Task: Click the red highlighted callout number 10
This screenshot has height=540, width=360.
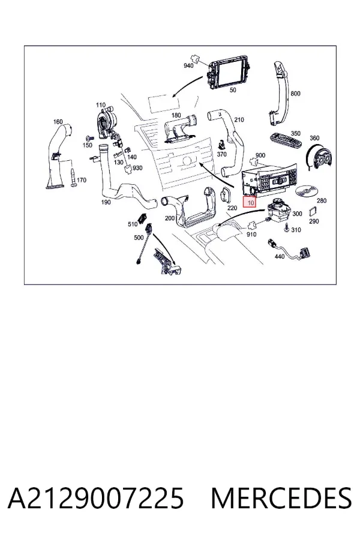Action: click(x=250, y=203)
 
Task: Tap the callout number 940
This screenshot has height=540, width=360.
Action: click(x=188, y=65)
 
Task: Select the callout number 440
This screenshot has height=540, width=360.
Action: click(x=280, y=256)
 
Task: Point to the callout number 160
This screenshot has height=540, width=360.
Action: click(x=58, y=122)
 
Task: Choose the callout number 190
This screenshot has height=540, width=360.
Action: click(x=106, y=202)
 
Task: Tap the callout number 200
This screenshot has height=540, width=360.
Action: click(x=169, y=218)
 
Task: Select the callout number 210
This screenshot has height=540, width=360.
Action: click(x=239, y=119)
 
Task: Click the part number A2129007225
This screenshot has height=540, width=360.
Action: click(x=96, y=498)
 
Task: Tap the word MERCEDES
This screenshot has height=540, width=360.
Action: click(x=281, y=498)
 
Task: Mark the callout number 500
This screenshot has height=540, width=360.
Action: click(x=139, y=237)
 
